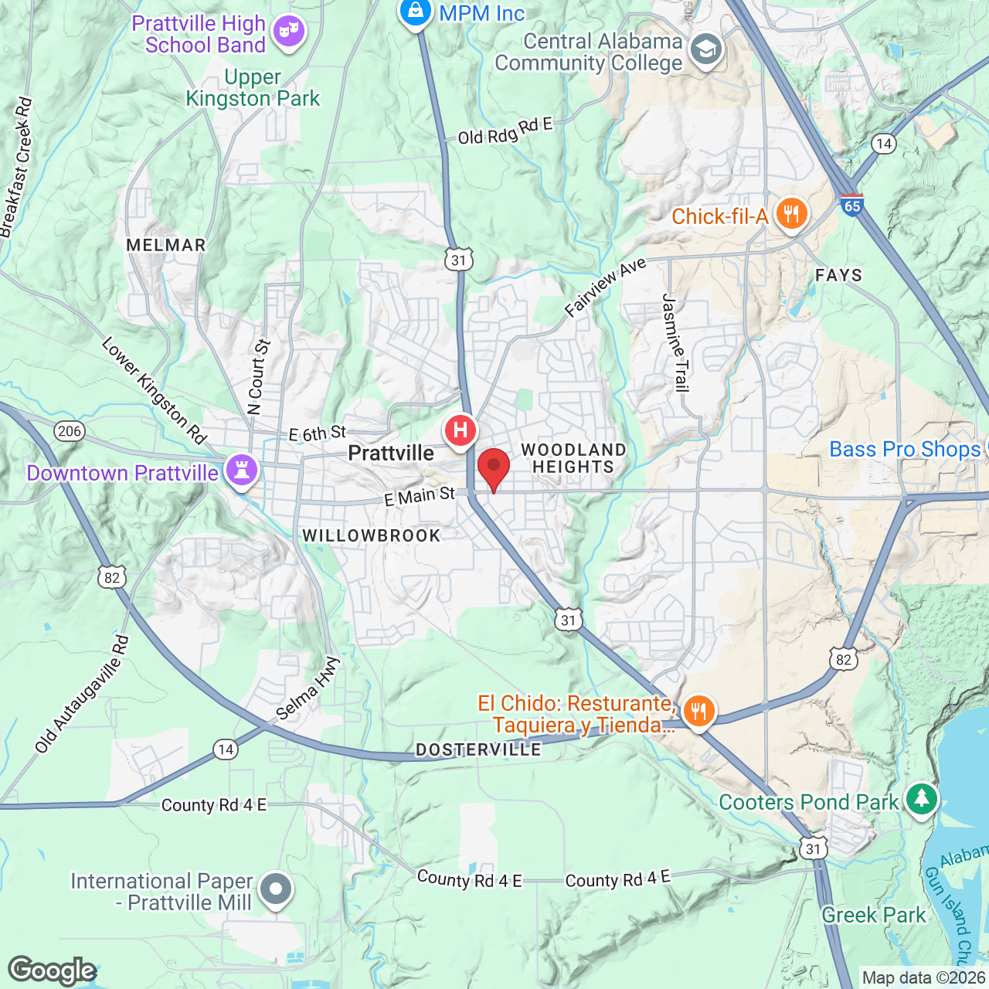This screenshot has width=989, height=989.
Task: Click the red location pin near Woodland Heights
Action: click(x=493, y=468)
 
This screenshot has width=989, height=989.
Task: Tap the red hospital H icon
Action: click(x=460, y=430)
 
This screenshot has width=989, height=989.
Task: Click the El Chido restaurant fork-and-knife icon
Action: click(x=698, y=711)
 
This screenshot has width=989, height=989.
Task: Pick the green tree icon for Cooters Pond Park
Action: click(x=921, y=799)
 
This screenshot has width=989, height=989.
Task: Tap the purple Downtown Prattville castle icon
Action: click(x=241, y=470)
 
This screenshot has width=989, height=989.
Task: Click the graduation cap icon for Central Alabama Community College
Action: click(x=705, y=51)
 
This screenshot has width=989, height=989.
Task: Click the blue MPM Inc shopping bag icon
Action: click(x=416, y=12)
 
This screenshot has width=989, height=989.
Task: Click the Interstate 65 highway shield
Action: click(x=851, y=205)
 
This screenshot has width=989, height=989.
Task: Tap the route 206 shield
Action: click(x=70, y=431)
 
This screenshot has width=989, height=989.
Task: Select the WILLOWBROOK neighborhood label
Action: click(x=371, y=535)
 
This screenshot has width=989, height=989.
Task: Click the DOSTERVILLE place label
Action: click(x=478, y=749)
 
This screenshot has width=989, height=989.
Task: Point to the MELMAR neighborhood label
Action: click(x=166, y=245)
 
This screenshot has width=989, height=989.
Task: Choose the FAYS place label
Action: click(x=838, y=275)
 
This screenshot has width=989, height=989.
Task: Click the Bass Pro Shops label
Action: click(x=904, y=449)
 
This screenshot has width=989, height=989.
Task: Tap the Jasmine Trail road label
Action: click(x=675, y=342)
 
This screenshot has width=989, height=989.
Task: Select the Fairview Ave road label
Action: click(x=605, y=287)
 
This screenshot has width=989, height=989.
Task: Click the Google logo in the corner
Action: click(x=53, y=970)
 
